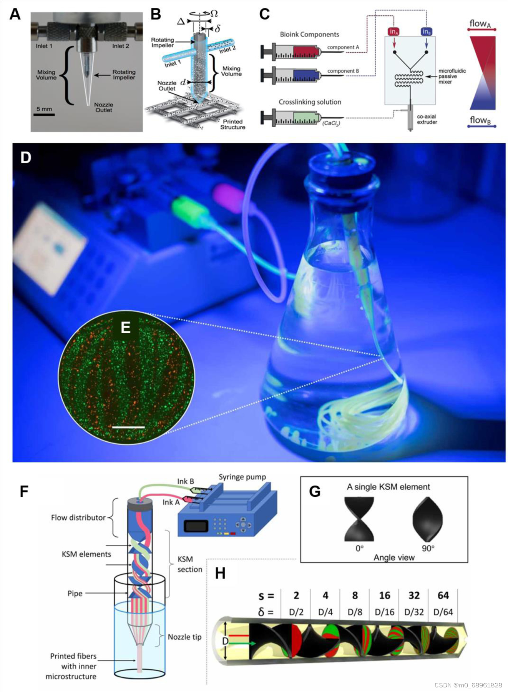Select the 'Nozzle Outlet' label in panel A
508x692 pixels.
(103, 107)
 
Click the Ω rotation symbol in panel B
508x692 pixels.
(214, 13)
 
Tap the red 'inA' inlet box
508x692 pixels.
(394, 32)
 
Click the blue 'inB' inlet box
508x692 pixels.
(426, 32)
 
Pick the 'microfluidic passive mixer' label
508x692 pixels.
(452, 76)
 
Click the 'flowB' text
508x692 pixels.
(480, 120)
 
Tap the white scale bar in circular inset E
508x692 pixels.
(128, 427)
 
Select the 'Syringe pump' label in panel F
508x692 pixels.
(242, 477)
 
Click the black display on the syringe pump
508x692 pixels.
(196, 526)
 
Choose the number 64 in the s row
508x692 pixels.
(443, 596)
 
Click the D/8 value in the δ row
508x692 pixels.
(355, 612)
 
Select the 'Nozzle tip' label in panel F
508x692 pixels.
(184, 637)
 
